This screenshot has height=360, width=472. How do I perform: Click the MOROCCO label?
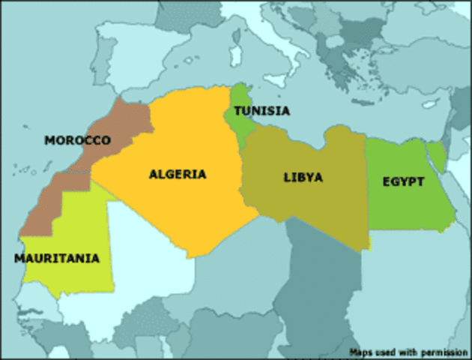click(77, 140)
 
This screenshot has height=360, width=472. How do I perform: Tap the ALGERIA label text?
click(178, 174)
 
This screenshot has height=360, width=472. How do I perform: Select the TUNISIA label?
click(261, 111)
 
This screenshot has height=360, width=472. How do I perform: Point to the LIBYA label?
click(303, 178)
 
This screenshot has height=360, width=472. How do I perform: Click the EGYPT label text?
click(403, 181)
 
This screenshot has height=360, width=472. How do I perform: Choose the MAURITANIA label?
click(56, 258)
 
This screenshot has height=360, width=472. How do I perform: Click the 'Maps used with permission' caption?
click(408, 351)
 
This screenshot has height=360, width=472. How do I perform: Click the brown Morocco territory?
click(120, 127)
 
